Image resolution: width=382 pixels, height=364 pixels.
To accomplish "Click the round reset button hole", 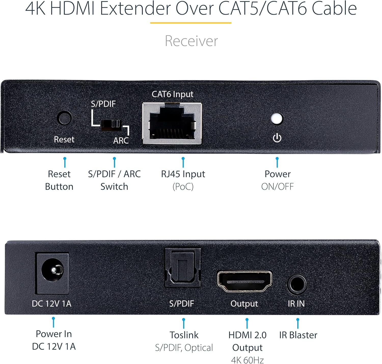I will (64, 118).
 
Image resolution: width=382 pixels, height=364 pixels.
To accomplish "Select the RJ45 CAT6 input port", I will (172, 123).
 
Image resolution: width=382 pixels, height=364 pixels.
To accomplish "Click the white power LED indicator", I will (277, 119).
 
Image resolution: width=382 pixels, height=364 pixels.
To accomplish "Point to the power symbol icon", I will (277, 138).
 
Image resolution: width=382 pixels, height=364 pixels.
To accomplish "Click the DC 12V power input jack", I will (53, 273).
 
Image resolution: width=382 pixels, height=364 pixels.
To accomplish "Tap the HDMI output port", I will (244, 281).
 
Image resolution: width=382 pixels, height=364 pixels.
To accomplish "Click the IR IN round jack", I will (297, 284).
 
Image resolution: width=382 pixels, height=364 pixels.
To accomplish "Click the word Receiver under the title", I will (191, 41).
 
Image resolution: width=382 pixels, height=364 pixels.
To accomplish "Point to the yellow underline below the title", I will (190, 23).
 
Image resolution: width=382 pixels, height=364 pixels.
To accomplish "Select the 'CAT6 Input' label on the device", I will (172, 94).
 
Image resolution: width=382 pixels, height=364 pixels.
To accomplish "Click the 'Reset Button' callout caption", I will (59, 180).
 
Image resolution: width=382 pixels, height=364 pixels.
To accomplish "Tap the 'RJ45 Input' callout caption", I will (183, 174).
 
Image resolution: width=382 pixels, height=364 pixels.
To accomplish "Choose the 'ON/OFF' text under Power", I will (277, 187).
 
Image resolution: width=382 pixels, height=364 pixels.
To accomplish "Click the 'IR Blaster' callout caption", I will (298, 335).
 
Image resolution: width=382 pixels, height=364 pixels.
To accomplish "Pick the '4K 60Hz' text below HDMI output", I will (247, 360).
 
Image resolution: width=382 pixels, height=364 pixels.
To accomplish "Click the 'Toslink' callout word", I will (184, 335).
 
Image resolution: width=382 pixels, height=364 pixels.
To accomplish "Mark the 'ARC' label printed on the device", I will (121, 141).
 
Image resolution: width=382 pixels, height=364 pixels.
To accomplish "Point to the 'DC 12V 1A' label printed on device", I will (51, 304).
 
